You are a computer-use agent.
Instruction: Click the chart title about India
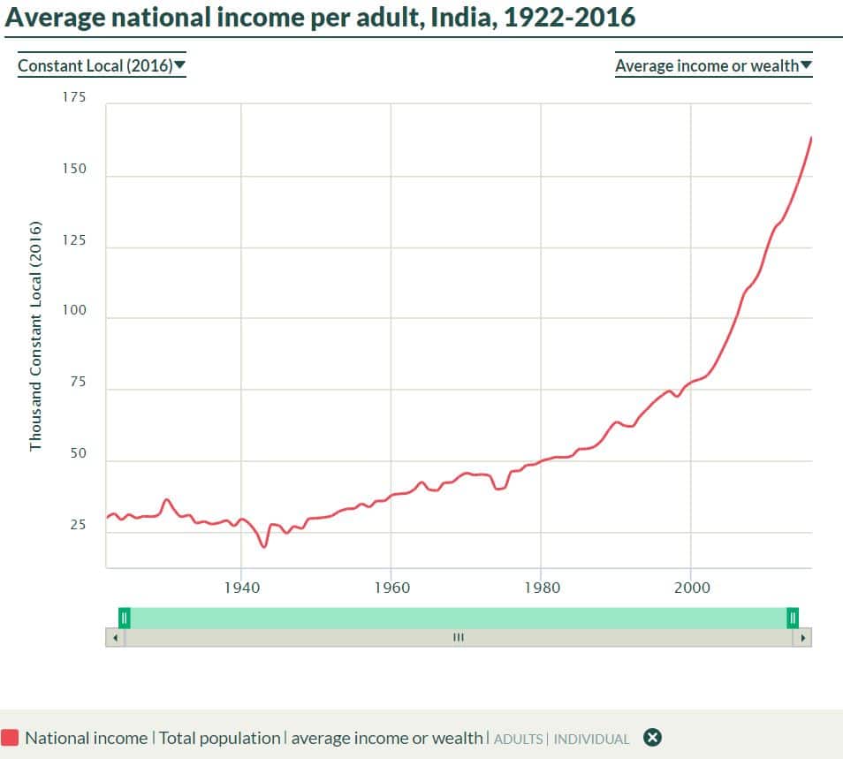(x=320, y=17)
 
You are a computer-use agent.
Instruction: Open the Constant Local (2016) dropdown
(x=102, y=65)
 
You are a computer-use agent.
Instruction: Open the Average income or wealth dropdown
(x=713, y=65)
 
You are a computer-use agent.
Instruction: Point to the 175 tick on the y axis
(x=74, y=97)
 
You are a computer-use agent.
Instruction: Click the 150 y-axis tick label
(x=74, y=169)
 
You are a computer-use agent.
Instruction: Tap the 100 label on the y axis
(x=74, y=311)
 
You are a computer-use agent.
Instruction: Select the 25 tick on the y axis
(x=78, y=525)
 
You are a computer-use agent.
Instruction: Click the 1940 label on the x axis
(x=241, y=588)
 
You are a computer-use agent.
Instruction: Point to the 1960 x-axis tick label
(x=391, y=588)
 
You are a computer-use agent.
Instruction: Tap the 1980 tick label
(x=541, y=588)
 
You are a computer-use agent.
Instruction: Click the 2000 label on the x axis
(x=691, y=588)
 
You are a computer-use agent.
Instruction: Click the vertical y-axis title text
(x=35, y=336)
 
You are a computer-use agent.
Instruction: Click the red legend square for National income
(x=11, y=738)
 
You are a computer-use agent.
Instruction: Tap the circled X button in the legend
(x=652, y=738)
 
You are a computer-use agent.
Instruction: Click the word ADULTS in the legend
(x=519, y=739)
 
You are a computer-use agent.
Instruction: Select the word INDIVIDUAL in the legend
(x=591, y=739)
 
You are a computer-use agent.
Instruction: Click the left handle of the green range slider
(x=125, y=618)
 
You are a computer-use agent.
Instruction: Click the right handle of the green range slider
(x=793, y=618)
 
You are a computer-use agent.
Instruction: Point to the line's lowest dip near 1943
(x=263, y=547)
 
